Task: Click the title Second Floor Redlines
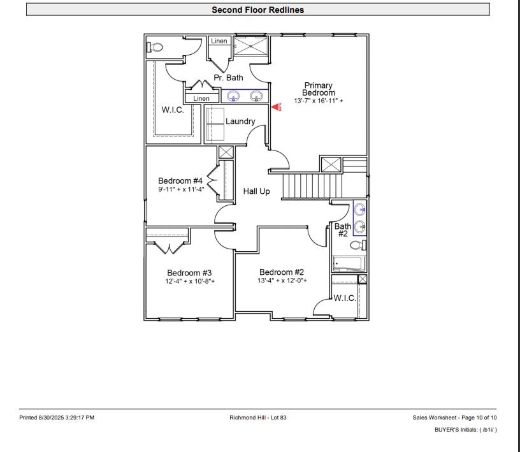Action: click(257, 10)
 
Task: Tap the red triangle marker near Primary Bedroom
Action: click(276, 108)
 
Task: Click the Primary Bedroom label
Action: click(318, 89)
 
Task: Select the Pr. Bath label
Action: click(228, 78)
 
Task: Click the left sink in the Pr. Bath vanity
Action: click(233, 96)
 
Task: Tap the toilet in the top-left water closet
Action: click(155, 47)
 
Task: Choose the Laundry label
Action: click(240, 121)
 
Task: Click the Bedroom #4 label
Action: click(180, 180)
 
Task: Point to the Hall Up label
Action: click(257, 191)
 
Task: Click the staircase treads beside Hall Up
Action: click(312, 186)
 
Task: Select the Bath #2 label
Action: click(343, 230)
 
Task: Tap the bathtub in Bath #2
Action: click(347, 263)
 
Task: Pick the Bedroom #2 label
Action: click(282, 272)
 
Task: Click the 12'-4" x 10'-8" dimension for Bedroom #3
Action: click(189, 281)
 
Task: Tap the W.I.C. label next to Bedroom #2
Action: click(345, 298)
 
